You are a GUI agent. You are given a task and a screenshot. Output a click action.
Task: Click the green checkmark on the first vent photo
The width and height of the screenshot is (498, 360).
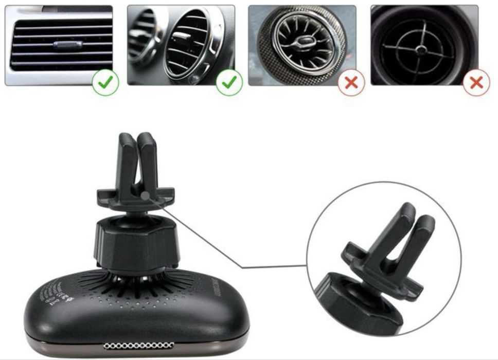tap(106, 81)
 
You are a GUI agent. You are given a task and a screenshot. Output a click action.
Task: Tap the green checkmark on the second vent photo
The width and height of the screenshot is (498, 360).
tap(229, 81)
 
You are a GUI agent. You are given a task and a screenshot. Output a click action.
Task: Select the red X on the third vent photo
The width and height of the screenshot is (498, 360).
tap(351, 82)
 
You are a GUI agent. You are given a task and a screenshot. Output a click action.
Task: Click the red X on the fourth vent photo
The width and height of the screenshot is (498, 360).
tap(476, 82)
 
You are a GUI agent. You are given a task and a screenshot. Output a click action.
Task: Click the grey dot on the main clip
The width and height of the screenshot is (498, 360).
tap(146, 196)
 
